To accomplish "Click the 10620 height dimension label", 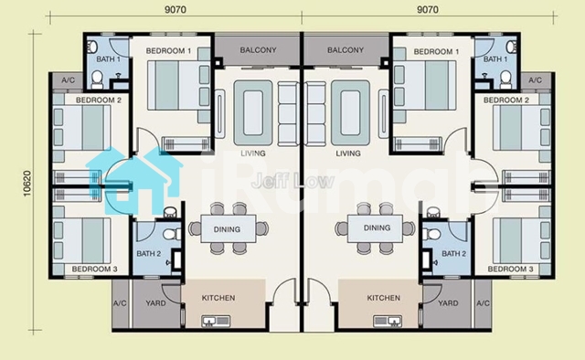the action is click(x=27, y=184).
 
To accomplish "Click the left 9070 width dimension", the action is click(x=175, y=10).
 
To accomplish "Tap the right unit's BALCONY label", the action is click(x=346, y=50).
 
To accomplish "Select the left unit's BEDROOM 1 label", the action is click(x=168, y=51).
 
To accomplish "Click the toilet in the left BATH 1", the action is click(x=97, y=79).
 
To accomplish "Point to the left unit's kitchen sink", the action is click(x=216, y=321).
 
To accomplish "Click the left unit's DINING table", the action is click(x=229, y=229).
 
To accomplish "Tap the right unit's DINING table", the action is click(x=375, y=228).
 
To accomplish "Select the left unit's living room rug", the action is click(x=253, y=112).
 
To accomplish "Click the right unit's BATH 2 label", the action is click(x=453, y=254).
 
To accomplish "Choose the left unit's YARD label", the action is click(x=155, y=303).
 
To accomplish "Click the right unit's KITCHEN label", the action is click(x=384, y=298).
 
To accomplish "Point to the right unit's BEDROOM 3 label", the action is click(x=510, y=269).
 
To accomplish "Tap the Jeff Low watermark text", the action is click(x=292, y=182).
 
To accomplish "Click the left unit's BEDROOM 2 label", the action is click(x=99, y=100).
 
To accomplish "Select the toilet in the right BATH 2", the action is click(x=432, y=234).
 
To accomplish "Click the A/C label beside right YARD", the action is click(x=483, y=303).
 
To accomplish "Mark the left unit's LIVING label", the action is click(x=253, y=154).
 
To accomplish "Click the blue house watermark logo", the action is click(x=134, y=181).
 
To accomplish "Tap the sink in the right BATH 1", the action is click(x=511, y=47).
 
